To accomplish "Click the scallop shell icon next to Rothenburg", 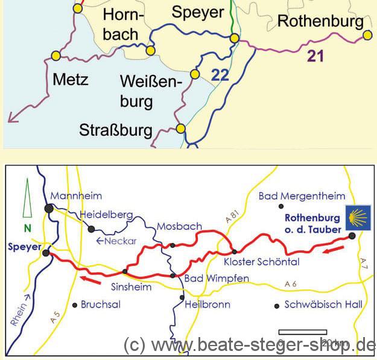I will tap(356, 215).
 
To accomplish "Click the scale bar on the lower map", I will tap(302, 332).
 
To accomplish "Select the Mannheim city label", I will tap(76, 195).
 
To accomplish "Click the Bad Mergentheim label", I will tap(302, 196).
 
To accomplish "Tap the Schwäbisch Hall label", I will tap(323, 305).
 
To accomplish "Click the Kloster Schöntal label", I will tap(261, 262).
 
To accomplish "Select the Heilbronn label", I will tap(208, 305).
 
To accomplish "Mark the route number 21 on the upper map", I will tap(315, 57).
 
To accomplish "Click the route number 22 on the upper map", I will tap(220, 75).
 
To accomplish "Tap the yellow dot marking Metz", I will tap(56, 55).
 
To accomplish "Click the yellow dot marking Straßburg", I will tap(180, 128).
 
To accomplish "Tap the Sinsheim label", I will tap(131, 287).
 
